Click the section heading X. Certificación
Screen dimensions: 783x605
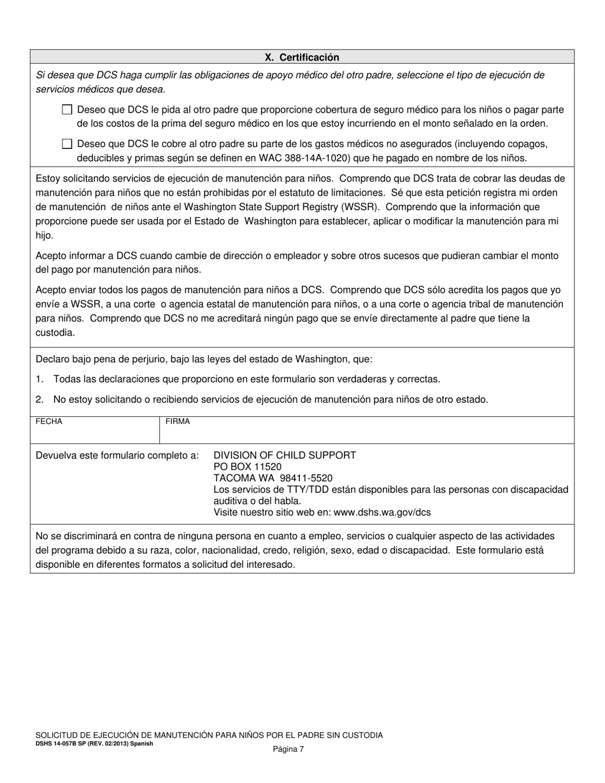(x=302, y=57)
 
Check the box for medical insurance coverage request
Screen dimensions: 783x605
(x=67, y=109)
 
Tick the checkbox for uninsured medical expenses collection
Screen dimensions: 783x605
(x=67, y=144)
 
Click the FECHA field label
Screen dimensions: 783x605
(x=49, y=421)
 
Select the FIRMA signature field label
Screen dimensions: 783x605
(x=178, y=421)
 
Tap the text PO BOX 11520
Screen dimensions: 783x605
(x=247, y=467)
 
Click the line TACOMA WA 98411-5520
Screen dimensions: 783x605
(x=273, y=478)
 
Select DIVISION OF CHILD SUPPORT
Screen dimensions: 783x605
(x=284, y=455)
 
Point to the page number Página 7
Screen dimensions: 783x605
(x=288, y=749)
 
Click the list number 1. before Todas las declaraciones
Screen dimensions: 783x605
(x=39, y=379)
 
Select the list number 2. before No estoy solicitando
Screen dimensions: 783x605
(x=39, y=400)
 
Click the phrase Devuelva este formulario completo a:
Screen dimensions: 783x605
(x=117, y=455)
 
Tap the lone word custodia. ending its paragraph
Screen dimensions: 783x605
(x=55, y=332)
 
